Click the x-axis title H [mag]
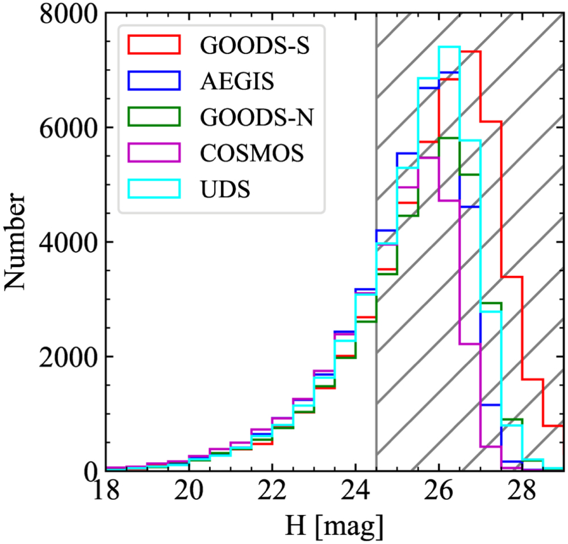[x=335, y=528]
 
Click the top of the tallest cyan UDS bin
[x=449, y=47]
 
